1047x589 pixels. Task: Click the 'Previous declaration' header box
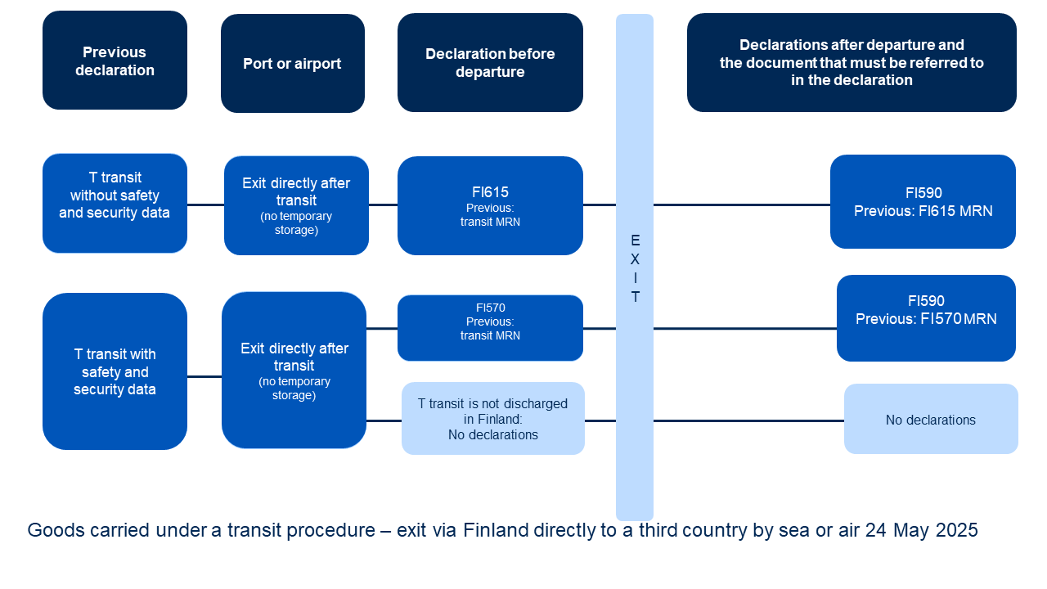tap(115, 61)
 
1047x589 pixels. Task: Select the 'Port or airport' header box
tap(293, 63)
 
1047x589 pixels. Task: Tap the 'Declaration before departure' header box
tap(490, 63)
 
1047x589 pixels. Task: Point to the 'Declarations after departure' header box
tap(852, 63)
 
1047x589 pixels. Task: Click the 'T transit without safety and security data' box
tap(115, 204)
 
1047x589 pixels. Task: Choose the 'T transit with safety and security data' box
tap(115, 371)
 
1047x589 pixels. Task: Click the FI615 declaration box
tap(490, 205)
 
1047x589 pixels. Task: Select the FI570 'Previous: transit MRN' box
tap(490, 328)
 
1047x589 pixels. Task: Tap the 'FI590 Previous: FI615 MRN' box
tap(923, 202)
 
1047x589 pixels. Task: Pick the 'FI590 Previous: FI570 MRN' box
tap(926, 318)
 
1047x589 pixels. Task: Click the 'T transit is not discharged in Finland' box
tap(493, 418)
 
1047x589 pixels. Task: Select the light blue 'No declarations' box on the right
tap(931, 419)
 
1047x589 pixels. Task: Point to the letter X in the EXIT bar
tap(635, 259)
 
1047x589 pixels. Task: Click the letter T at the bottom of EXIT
tap(636, 297)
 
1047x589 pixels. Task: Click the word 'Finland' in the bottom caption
tap(496, 531)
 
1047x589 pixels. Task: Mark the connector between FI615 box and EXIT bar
tap(600, 205)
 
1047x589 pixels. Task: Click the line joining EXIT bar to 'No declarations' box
tap(748, 420)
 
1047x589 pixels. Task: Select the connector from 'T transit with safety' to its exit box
tap(204, 376)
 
